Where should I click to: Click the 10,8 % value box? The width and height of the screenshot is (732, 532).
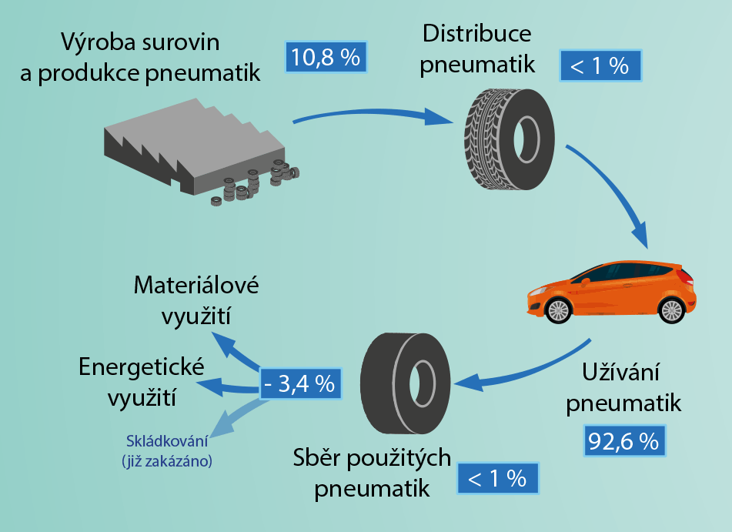pos(326,58)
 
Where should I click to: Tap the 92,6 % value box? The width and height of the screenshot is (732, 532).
pos(623,440)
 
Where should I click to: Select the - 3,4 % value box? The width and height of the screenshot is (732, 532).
pos(299,383)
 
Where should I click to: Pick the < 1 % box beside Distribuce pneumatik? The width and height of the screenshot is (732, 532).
pos(600,65)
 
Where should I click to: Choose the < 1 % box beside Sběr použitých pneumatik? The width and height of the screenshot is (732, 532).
pos(497,478)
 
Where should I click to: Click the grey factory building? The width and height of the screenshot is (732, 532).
pos(192,146)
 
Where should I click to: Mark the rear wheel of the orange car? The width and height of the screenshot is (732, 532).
pos(671,309)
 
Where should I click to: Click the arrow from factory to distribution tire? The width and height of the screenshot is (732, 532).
pos(369,115)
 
